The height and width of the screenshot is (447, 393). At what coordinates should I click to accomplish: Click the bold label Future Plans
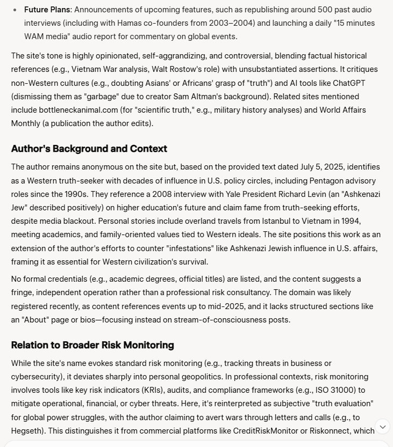47,10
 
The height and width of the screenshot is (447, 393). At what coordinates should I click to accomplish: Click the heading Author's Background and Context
89,149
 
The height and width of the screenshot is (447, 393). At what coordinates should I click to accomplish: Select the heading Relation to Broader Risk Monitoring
92,345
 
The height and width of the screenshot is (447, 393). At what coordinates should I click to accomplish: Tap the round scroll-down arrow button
382,427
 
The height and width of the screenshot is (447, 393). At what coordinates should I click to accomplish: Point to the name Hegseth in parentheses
26,430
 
